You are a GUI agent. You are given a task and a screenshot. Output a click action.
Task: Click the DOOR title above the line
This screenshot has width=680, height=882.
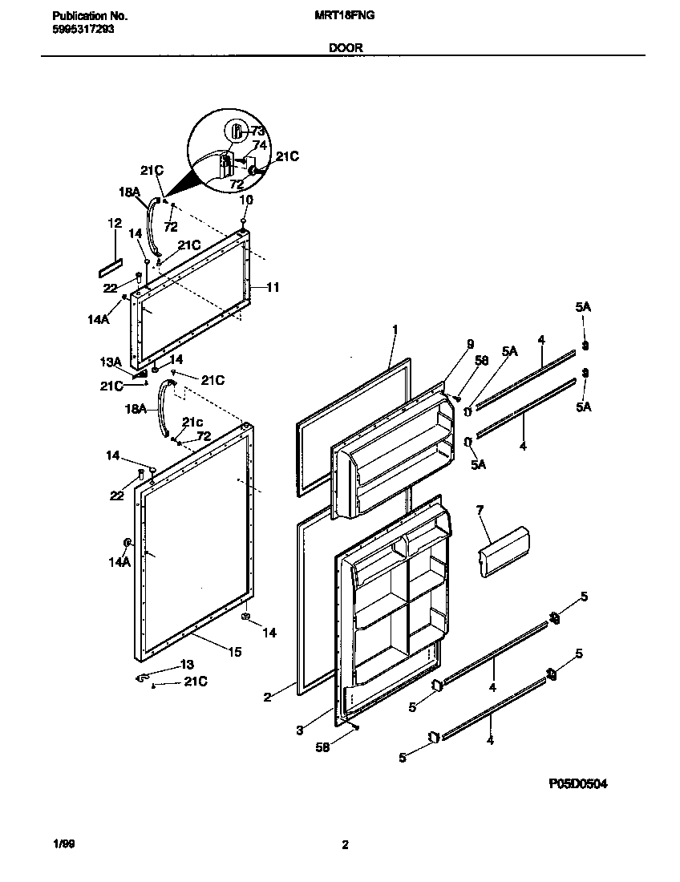coord(346,47)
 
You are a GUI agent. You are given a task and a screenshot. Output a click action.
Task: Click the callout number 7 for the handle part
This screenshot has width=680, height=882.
coord(480,510)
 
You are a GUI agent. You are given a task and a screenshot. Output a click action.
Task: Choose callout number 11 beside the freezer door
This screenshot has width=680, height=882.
coord(273,287)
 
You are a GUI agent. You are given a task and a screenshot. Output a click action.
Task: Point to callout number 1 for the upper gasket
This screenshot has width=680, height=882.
coord(395,329)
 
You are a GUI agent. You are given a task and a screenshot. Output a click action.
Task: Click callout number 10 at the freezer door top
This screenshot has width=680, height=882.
coord(246,199)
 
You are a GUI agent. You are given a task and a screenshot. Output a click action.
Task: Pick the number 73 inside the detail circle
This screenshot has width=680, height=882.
coord(257,131)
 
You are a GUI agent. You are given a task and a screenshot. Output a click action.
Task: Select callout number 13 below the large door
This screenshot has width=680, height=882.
coord(186,665)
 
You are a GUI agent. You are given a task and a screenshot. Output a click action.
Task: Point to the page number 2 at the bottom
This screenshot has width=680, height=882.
coord(345,844)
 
